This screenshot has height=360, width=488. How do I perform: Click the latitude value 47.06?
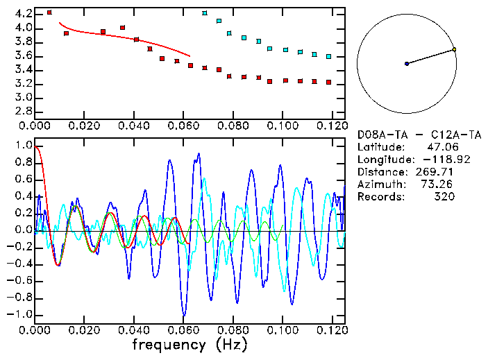coord(440,146)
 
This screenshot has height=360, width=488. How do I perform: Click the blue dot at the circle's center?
coord(407,64)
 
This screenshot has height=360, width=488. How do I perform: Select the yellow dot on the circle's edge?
coord(454,49)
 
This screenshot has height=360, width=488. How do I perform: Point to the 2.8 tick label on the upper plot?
coord(24,111)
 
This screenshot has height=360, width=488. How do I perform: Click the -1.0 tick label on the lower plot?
coord(22,314)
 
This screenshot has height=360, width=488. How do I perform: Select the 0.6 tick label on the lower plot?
coord(24,180)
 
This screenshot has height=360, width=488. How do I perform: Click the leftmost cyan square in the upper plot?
coord(204,13)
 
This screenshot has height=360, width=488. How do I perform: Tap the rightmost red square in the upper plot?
coord(328,82)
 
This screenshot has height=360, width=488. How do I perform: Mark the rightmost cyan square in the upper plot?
coord(328,56)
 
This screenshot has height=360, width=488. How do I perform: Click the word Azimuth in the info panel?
coord(380,184)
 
